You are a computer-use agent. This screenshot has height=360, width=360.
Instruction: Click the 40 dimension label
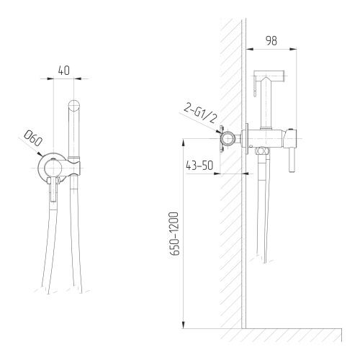pyautogui.click(x=64, y=71)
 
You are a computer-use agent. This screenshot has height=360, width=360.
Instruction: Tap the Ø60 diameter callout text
pyautogui.click(x=33, y=139)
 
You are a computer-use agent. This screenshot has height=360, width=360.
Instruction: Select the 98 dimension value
pyautogui.click(x=271, y=41)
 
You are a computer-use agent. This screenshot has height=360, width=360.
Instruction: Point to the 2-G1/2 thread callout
pyautogui.click(x=199, y=114)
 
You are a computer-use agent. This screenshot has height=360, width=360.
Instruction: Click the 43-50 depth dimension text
pyautogui.click(x=199, y=166)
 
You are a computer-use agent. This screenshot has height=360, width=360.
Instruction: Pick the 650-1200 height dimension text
pyautogui.click(x=174, y=234)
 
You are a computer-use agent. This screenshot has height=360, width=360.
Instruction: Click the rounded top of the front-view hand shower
pyautogui.click(x=74, y=104)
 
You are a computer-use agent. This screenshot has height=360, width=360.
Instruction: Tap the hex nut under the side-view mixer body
pyautogui.click(x=263, y=152)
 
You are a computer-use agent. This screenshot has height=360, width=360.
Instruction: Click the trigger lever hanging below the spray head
pyautogui.click(x=255, y=86)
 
